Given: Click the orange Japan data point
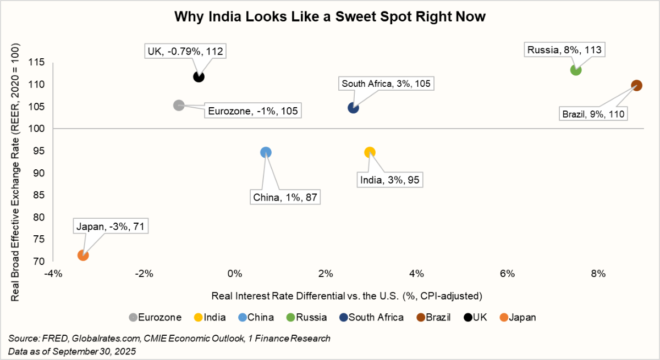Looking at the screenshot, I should click(83, 255).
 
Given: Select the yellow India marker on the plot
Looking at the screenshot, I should click(370, 152).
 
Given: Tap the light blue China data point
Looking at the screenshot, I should click(266, 152).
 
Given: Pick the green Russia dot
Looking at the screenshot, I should click(576, 70).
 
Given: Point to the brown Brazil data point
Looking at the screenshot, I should click(636, 85).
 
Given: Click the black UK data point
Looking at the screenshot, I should click(199, 76).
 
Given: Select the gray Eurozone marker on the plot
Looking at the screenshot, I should click(178, 105).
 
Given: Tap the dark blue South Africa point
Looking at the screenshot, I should click(353, 108).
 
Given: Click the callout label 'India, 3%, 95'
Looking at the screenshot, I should click(392, 179).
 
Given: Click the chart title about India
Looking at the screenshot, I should click(330, 17).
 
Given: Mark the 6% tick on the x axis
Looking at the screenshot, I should click(507, 274).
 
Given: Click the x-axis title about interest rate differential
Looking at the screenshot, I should click(346, 296).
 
